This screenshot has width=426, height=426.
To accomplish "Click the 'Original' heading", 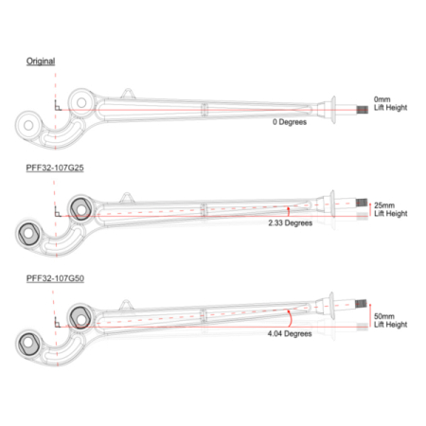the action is (41, 62).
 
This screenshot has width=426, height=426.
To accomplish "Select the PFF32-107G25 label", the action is (55, 168).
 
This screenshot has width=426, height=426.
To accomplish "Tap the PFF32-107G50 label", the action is (55, 278).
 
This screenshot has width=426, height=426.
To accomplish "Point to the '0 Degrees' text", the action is (290, 122).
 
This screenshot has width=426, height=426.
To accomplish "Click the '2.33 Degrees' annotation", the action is (291, 223).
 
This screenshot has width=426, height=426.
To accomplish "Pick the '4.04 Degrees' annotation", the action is (290, 333).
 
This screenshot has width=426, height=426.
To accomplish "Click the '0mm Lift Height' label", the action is (391, 103).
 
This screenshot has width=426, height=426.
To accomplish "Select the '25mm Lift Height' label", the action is (391, 209).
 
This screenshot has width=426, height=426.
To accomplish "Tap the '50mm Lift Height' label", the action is (391, 320).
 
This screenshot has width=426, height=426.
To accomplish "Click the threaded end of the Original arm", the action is (363, 110).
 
